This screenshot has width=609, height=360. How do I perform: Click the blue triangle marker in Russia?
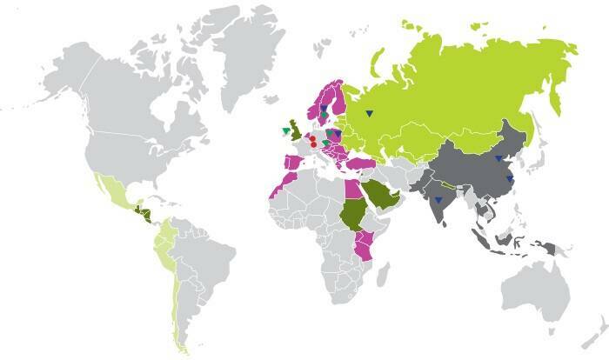tap(370, 112)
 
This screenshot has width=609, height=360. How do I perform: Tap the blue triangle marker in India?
tap(438, 201)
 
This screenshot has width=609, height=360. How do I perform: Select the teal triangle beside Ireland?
tap(284, 131)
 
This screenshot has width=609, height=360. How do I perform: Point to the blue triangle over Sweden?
tap(323, 108)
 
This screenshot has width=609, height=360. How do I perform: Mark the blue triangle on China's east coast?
tap(510, 178)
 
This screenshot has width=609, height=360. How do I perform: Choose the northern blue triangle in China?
tap(498, 158)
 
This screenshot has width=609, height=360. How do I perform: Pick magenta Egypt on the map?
tap(351, 187)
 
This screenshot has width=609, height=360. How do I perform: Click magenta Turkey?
tap(358, 163)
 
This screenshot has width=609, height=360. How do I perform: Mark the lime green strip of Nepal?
tap(450, 184)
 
